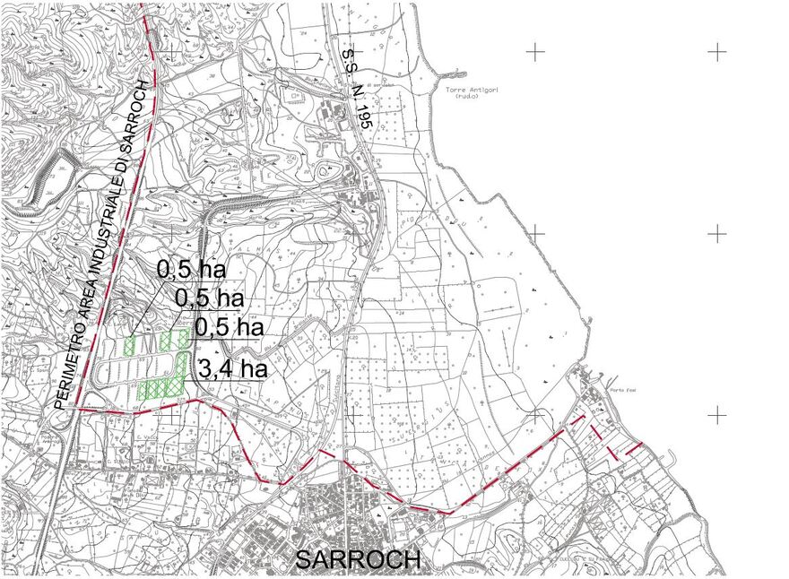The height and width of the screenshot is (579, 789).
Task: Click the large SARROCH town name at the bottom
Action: click(358, 559)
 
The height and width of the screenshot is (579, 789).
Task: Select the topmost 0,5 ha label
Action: click(190, 268)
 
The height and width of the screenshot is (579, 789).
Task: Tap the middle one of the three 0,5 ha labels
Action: click(210, 297)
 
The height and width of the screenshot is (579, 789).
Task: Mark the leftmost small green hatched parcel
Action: click(130, 345)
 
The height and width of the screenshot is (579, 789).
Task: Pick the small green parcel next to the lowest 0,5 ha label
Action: click(183, 338)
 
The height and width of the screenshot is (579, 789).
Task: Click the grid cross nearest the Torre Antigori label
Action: click(535, 52)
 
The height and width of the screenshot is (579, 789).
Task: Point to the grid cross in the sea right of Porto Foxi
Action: click(717, 416)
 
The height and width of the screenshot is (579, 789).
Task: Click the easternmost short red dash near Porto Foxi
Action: click(634, 446)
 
